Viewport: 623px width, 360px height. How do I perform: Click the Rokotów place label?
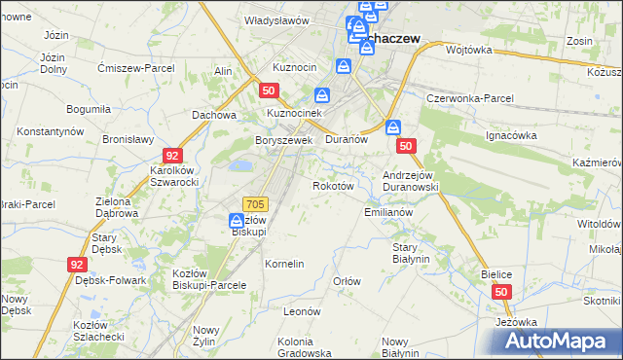pyautogui.click(x=331, y=186)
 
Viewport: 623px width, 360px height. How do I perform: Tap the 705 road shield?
pyautogui.click(x=256, y=203)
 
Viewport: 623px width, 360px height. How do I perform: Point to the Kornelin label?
pyautogui.click(x=285, y=264)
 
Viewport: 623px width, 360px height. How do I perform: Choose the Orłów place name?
pyautogui.click(x=348, y=281)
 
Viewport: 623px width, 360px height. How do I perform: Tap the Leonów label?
pyautogui.click(x=302, y=311)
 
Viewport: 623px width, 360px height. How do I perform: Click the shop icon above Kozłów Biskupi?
pyautogui.click(x=237, y=221)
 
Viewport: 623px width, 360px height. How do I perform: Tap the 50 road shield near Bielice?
pyautogui.click(x=501, y=292)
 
